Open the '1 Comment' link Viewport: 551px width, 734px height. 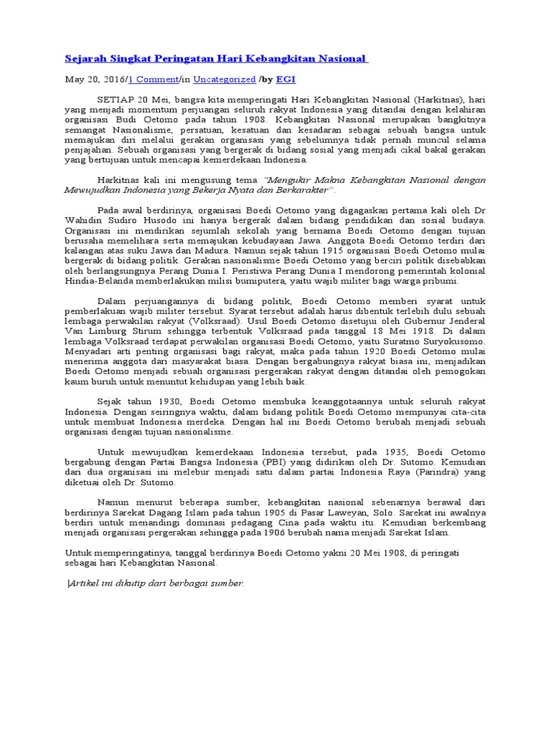pos(154,80)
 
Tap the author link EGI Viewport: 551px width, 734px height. pos(287,80)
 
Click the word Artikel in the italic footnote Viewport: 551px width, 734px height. pos(85,583)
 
